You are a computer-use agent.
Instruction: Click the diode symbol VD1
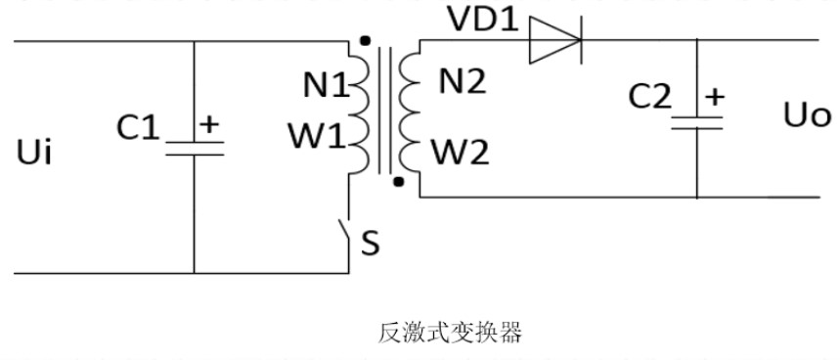point(554,41)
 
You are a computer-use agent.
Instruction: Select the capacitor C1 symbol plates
point(195,147)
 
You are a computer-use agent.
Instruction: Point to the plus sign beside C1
point(209,125)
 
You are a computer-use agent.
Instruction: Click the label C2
point(649,98)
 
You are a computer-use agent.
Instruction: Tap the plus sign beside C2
point(716,97)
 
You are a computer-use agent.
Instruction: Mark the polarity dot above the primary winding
point(365,42)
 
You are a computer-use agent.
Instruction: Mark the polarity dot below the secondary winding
point(398,182)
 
